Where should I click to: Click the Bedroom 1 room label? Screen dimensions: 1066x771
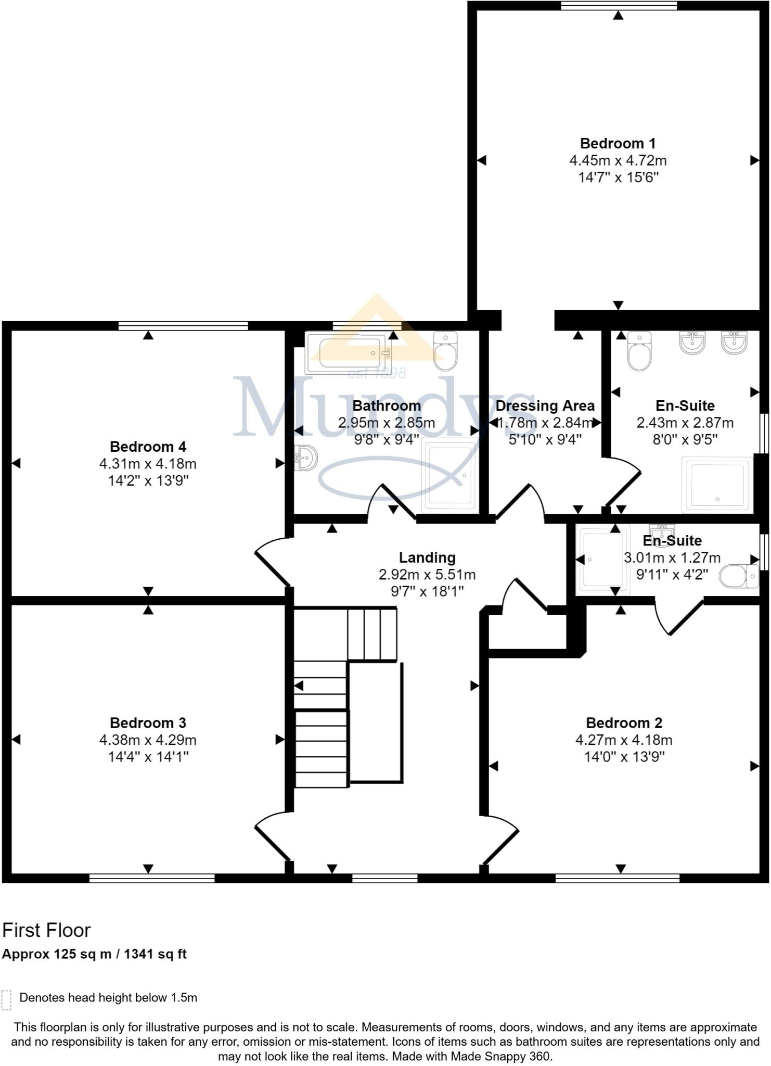click(618, 143)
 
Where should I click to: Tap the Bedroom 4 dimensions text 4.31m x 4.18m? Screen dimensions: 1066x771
click(148, 463)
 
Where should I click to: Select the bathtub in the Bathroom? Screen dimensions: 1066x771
click(348, 353)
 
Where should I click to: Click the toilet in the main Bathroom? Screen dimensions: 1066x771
click(445, 351)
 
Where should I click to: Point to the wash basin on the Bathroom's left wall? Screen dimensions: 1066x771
click(306, 458)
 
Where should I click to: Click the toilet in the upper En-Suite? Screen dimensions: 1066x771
click(639, 351)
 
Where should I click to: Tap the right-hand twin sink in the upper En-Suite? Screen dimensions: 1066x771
click(734, 342)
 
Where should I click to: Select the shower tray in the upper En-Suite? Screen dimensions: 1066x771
click(717, 484)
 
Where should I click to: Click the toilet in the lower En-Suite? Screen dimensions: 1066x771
click(739, 576)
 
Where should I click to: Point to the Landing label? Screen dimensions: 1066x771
click(427, 557)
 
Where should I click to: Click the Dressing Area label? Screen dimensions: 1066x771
click(545, 405)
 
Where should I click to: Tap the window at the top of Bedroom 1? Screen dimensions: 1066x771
click(619, 5)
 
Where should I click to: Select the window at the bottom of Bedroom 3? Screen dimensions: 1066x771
click(152, 879)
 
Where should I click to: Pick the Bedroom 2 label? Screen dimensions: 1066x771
click(624, 722)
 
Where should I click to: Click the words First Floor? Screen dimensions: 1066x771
click(46, 930)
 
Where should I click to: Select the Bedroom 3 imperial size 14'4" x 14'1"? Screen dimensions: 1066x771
click(148, 756)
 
